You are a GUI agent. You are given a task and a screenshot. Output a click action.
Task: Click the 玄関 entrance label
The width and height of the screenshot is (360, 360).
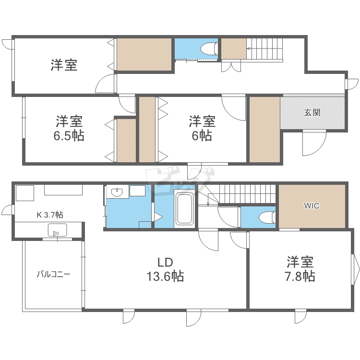312,112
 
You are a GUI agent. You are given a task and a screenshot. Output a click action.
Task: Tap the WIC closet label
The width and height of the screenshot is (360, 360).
312,205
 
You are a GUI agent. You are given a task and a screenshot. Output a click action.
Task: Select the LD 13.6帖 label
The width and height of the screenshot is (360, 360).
165,269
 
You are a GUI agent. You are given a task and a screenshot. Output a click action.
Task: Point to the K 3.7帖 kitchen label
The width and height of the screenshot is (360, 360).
50,215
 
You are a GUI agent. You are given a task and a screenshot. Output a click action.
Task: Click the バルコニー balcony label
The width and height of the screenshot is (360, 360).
53,274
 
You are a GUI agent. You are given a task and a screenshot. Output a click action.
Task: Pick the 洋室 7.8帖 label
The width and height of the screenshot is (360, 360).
300,269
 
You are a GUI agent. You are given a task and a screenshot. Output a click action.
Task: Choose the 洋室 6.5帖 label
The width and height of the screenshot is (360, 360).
69,128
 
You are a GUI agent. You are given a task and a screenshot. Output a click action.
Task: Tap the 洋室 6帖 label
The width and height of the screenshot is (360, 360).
202,128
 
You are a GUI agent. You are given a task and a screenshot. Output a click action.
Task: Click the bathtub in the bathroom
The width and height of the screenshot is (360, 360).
184,209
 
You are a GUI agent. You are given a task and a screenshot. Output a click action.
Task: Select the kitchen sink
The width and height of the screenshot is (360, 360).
57,230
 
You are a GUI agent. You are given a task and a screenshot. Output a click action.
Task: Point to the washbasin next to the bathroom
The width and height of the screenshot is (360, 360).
117,192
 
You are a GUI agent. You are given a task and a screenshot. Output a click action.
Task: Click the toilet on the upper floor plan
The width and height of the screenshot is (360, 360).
209,48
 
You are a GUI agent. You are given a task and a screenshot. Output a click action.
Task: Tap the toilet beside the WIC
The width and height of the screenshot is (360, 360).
267,217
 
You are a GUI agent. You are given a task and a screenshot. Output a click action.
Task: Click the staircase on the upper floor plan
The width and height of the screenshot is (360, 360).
264,48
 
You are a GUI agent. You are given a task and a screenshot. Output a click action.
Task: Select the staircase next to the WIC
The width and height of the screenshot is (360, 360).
247,194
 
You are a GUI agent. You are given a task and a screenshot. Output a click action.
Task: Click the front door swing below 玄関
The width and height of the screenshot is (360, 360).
314,143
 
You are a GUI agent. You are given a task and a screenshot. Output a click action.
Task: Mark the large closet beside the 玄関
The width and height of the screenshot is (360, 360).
264,130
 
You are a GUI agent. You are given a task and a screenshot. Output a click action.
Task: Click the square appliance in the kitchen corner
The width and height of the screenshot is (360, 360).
25,193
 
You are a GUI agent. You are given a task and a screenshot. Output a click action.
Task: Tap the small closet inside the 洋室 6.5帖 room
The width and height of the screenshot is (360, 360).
127,141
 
